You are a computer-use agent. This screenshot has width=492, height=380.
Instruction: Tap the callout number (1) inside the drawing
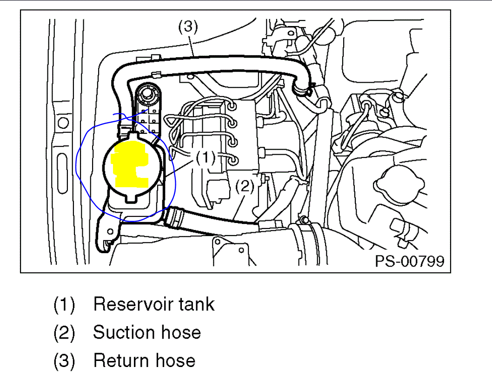(205, 158)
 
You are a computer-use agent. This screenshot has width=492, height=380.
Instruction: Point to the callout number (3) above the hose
(188, 27)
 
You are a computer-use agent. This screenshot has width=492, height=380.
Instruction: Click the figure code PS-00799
(409, 261)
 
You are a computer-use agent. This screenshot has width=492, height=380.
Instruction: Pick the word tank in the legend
(197, 304)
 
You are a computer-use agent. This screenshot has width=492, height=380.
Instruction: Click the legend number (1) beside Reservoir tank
(64, 305)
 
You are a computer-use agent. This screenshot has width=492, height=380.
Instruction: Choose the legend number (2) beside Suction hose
(64, 333)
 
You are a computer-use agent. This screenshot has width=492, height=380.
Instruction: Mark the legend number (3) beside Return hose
(64, 361)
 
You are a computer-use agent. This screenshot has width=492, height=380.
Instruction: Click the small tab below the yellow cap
(132, 200)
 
